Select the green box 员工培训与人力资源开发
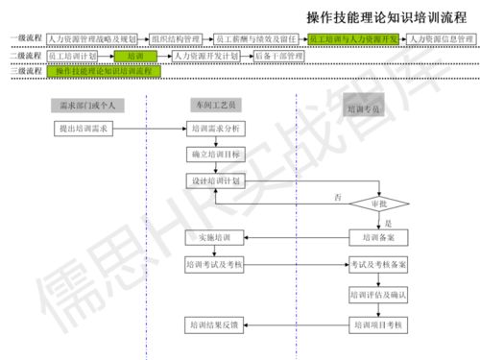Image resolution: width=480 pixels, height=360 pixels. (353, 39)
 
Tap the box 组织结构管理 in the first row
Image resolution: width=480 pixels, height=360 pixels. (175, 39)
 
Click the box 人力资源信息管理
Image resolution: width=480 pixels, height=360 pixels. (441, 39)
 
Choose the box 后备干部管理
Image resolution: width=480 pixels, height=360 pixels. (278, 57)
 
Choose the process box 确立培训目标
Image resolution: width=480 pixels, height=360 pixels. (214, 154)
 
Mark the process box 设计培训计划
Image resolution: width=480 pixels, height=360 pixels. (214, 180)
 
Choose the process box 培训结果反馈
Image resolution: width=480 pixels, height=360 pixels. (214, 327)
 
